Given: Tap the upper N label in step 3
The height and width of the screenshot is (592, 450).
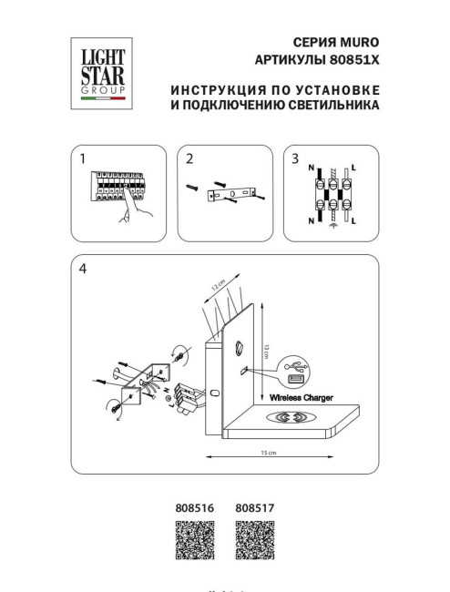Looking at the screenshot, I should click(312, 168).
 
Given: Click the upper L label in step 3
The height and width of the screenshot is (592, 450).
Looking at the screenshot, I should click(354, 168).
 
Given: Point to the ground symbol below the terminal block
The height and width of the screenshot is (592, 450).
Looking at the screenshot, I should click(332, 232).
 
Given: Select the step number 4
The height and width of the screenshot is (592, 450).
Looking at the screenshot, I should click(84, 269).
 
